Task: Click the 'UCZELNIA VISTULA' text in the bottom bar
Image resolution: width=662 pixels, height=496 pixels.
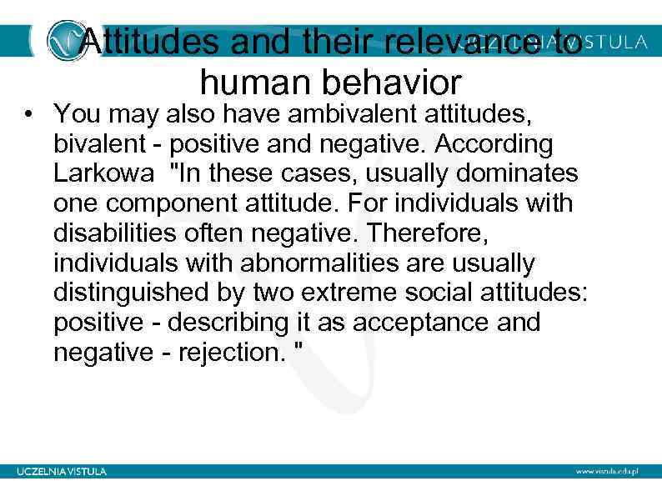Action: [62, 471]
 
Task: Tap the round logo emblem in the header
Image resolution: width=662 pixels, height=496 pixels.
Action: [66, 40]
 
